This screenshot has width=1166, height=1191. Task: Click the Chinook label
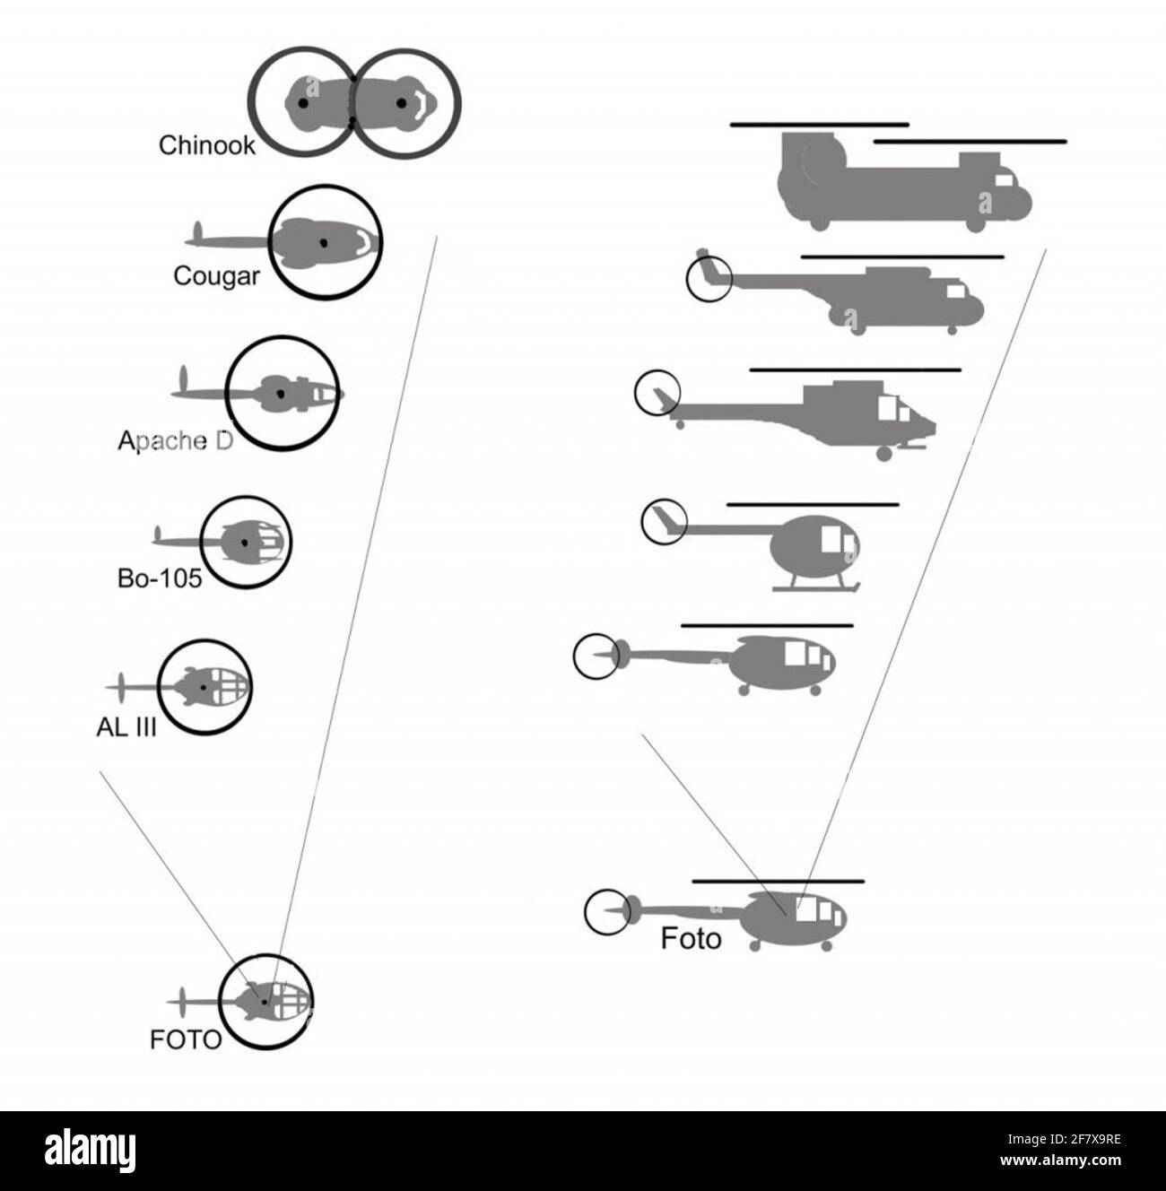[206, 145]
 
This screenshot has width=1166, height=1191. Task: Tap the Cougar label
[216, 275]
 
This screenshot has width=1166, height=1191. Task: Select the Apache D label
[175, 440]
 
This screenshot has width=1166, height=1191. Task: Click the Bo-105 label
[160, 578]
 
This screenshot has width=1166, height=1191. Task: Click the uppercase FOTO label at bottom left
[186, 1039]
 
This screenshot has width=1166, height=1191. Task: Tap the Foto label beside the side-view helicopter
[691, 939]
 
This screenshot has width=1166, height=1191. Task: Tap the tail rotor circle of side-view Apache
[657, 393]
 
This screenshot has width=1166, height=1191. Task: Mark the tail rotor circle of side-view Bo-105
[665, 521]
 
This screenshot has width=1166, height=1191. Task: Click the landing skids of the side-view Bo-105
[816, 588]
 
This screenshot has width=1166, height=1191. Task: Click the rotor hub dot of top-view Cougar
[324, 243]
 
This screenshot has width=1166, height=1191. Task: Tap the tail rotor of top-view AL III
[121, 687]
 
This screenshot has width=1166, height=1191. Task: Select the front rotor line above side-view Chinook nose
[970, 141]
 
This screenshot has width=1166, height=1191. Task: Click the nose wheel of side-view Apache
[883, 454]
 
